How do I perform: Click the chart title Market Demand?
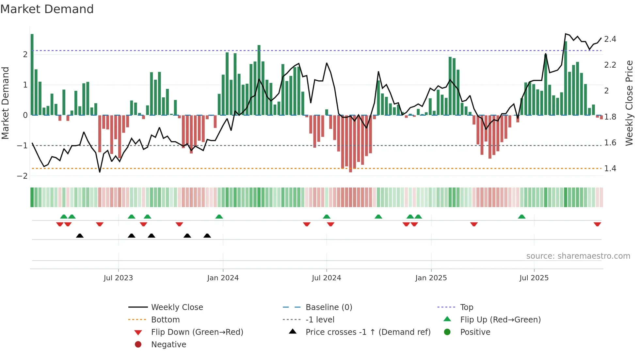47,9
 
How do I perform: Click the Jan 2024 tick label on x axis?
223,278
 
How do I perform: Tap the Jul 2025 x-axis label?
534,278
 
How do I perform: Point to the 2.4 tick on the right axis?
610,39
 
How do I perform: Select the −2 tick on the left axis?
22,176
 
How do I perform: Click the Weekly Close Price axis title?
629,103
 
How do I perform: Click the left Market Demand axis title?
5,103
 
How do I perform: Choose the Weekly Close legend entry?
177,307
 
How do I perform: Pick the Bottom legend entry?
165,320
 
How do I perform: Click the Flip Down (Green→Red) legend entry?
197,332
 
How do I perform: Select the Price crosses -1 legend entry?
368,332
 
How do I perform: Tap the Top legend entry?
467,307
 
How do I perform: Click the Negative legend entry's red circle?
138,345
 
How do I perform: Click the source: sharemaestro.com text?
578,256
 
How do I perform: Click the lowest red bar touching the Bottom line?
350,144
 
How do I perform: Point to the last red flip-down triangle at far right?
597,224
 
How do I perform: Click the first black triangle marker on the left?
80,236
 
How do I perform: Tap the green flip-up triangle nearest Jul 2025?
521,217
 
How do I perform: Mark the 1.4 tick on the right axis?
610,169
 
